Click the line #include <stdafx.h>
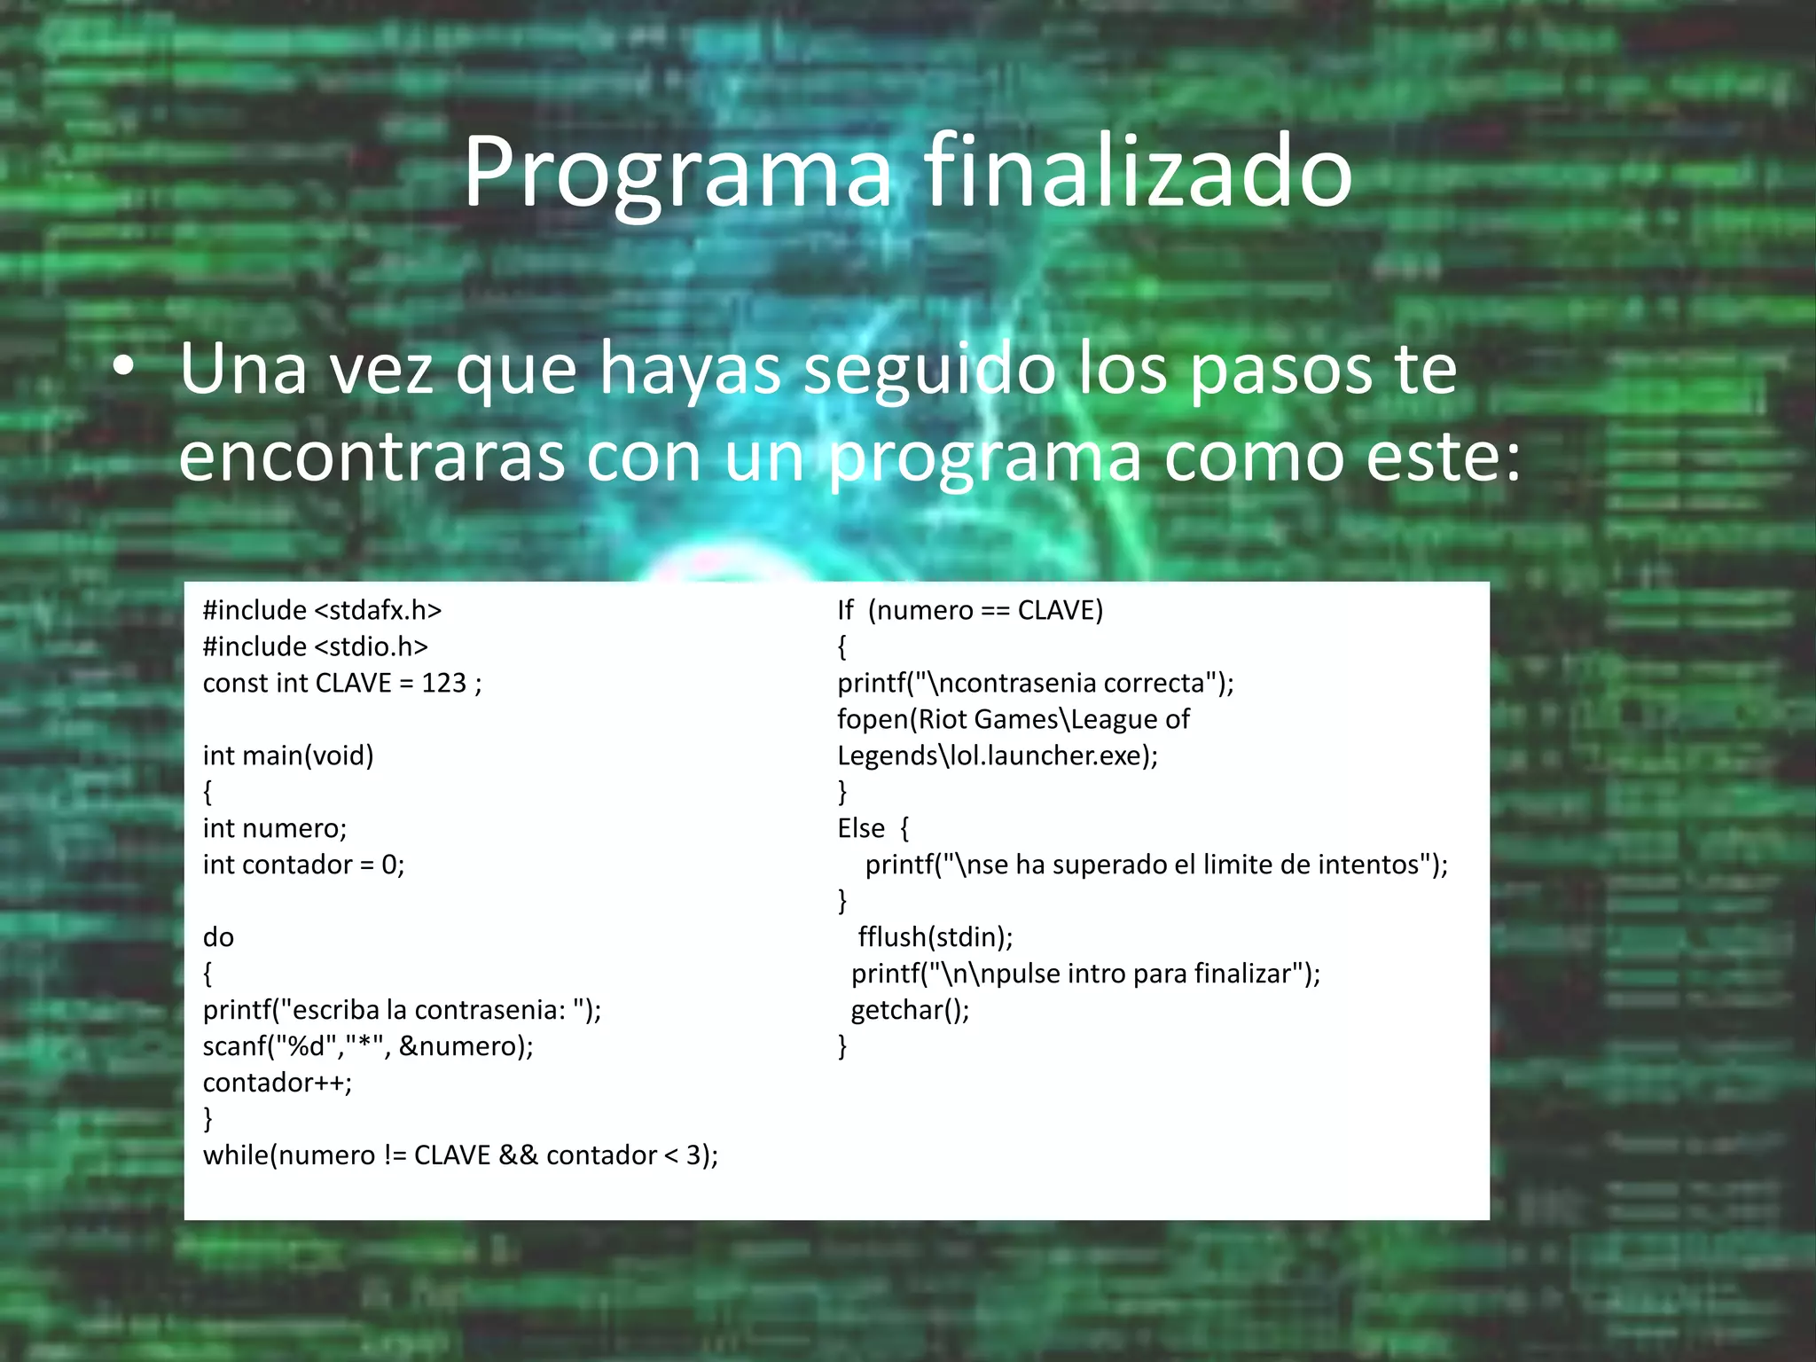tap(322, 610)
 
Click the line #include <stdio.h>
tap(315, 646)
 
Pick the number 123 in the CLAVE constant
tap(443, 683)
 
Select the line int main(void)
tap(288, 755)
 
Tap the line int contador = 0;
tap(303, 865)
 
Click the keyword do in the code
tap(218, 937)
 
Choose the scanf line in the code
tap(368, 1046)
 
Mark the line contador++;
tap(278, 1083)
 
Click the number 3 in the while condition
tap(693, 1155)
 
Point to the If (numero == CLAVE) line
tap(970, 610)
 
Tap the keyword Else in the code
tap(861, 828)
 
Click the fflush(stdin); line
tap(935, 937)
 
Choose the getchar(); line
tap(910, 1010)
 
